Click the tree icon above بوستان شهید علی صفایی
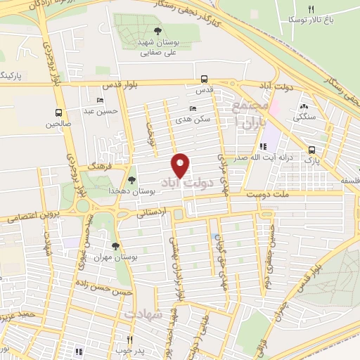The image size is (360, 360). click(x=157, y=32)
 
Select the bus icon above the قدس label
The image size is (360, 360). click(x=204, y=79)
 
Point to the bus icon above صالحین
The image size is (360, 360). click(x=58, y=112)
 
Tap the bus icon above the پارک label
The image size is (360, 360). click(x=311, y=149)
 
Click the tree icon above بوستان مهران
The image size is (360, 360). click(x=116, y=245)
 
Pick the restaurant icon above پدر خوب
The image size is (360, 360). click(x=130, y=340)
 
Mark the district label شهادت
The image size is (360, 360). click(x=143, y=314)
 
